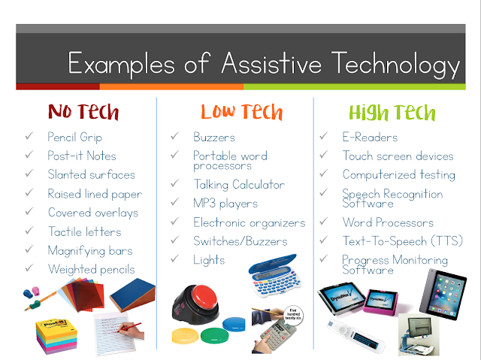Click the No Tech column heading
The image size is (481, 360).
[x=83, y=112]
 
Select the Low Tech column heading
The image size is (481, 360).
[x=242, y=112]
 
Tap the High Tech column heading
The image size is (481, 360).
[x=392, y=113]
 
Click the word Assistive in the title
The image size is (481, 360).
[x=271, y=63]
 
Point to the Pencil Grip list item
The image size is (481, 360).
[x=74, y=137]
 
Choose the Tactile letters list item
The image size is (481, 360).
[x=85, y=231]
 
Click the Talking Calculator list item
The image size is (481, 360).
[x=239, y=185]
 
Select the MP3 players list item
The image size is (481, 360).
[x=225, y=204]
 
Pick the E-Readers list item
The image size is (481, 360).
[x=370, y=137]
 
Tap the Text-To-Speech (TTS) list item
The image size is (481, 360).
[x=403, y=241]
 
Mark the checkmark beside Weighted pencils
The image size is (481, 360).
[x=29, y=268]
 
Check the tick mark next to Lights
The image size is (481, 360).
[x=175, y=259]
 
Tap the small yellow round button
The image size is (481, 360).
[x=185, y=336]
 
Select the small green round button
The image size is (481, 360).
[x=215, y=335]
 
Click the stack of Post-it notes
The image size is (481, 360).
[x=56, y=335]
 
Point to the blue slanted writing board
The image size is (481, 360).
[x=132, y=295]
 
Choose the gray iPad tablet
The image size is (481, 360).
[x=443, y=294]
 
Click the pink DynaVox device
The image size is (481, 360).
[x=381, y=303]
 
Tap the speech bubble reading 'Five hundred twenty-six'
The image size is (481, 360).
[x=293, y=315]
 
